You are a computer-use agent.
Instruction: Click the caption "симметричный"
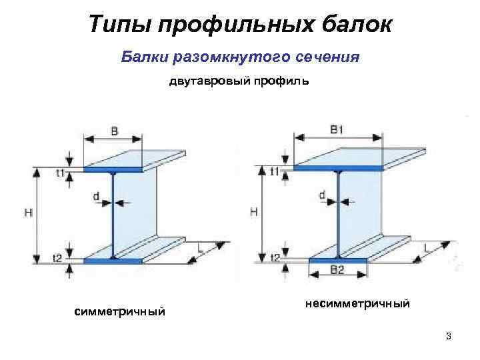click(x=120, y=312)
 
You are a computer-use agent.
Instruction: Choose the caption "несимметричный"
click(x=357, y=304)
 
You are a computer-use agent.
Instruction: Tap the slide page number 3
click(x=449, y=335)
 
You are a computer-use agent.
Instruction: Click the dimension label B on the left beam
click(x=115, y=131)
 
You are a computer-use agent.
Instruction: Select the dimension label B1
click(x=337, y=129)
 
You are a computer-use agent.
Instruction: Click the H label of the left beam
click(x=27, y=213)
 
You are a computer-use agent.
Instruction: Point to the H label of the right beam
click(x=253, y=211)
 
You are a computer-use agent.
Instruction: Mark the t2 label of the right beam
click(x=275, y=257)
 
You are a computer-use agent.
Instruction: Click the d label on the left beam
click(x=97, y=197)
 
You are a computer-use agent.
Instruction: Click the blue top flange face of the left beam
click(x=113, y=170)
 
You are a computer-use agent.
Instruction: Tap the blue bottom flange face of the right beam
click(x=338, y=259)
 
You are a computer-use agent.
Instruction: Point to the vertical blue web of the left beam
click(x=114, y=213)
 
